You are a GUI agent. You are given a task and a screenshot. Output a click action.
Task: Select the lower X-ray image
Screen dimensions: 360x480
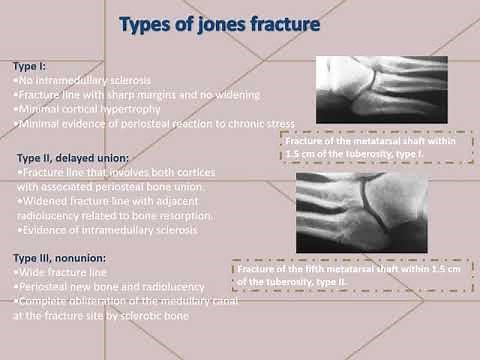[x=363, y=213]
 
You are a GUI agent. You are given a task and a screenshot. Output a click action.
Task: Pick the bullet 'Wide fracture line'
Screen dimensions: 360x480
[x=56, y=272]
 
